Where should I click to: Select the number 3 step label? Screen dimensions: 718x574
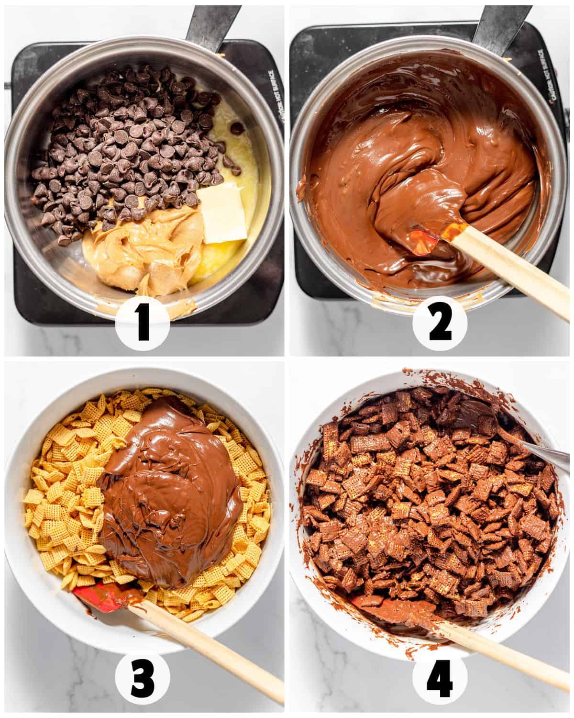point(143,679)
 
